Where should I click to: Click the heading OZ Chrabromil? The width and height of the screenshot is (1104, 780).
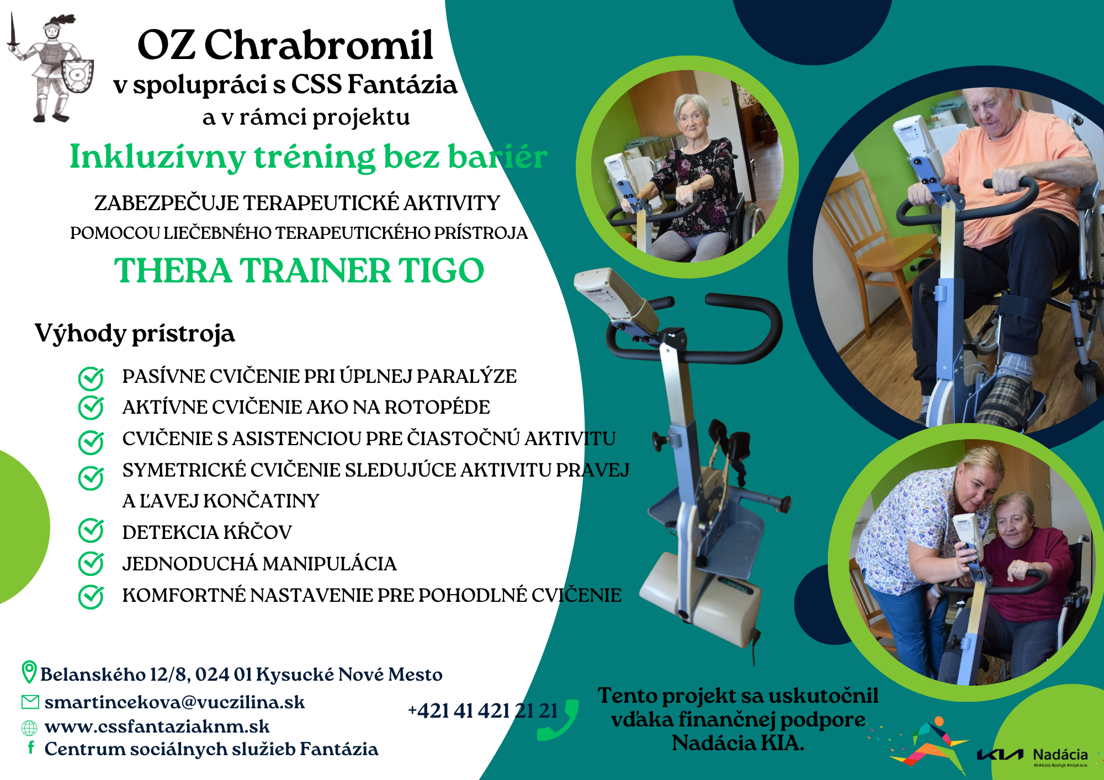coord(285,45)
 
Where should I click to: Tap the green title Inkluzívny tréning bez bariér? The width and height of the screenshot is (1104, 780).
coord(309,157)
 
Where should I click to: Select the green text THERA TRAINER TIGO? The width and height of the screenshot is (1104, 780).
coord(299,270)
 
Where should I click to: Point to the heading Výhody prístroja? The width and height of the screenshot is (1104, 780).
coord(135,334)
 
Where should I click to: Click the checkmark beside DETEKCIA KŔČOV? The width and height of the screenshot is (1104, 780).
coord(91,531)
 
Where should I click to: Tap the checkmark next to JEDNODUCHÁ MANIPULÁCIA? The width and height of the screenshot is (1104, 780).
coord(91,563)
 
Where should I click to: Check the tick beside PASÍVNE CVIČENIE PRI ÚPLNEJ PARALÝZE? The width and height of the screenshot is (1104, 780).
coord(91,378)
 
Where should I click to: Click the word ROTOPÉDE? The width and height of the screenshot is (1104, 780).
coord(437,407)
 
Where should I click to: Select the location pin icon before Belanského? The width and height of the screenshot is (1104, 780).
coord(29,672)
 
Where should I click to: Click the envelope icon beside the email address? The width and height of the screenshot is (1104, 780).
coord(30,702)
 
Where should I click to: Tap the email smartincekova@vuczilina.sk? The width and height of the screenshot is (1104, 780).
coord(174,702)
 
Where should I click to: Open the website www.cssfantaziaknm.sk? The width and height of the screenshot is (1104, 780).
coord(157,726)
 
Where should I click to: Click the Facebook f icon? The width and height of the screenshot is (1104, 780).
coord(31,747)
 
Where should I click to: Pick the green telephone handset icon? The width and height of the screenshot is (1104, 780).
coord(558,720)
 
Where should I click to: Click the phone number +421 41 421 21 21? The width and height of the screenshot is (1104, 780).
coord(483,711)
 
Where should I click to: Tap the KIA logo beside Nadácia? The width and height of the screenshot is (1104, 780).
coord(1000,755)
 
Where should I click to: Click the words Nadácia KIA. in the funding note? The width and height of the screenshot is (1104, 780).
coord(738,743)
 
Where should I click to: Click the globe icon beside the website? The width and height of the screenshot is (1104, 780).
coord(29,728)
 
